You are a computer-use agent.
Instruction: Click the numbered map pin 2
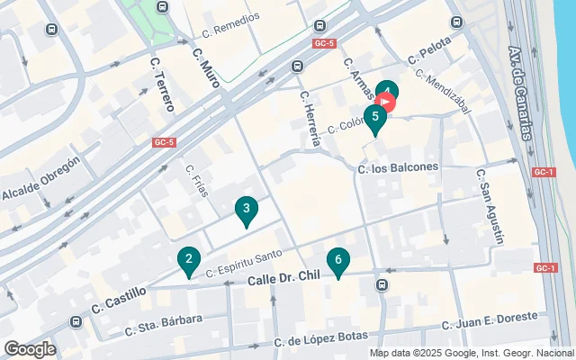pyautogui.click(x=188, y=262)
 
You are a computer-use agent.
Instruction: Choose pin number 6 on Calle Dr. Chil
pyautogui.click(x=337, y=262)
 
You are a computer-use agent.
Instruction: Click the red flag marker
pyautogui.click(x=388, y=103)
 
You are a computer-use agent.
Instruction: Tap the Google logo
pyautogui.click(x=30, y=349)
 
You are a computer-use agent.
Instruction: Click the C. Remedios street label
pyautogui.click(x=231, y=22)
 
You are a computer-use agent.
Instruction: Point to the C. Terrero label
pyautogui.click(x=161, y=85)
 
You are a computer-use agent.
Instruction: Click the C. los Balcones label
pyautogui.click(x=398, y=167)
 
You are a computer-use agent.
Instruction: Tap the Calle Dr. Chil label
pyautogui.click(x=283, y=282)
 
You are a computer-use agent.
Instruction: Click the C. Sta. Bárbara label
pyautogui.click(x=164, y=325)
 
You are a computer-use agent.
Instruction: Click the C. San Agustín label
pyautogui.click(x=490, y=207)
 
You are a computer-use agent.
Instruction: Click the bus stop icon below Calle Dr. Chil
pyautogui.click(x=382, y=285)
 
